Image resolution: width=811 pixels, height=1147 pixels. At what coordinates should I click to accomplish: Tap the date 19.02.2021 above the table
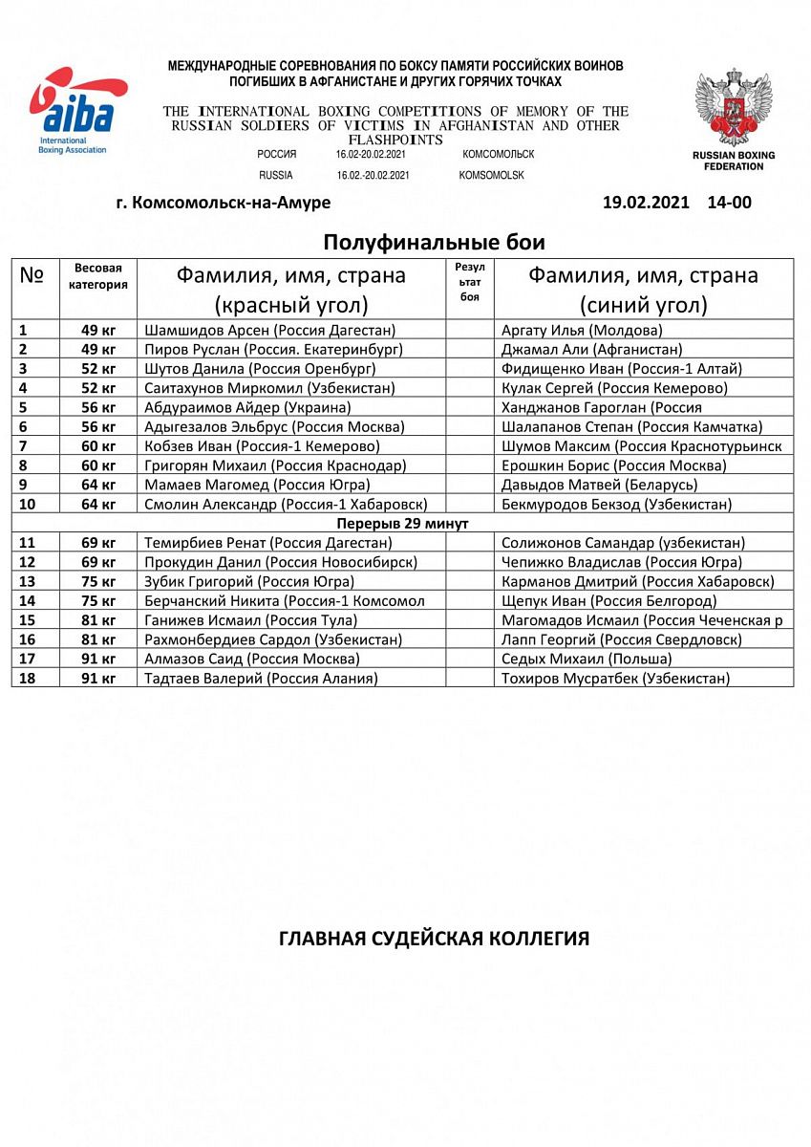coord(648,203)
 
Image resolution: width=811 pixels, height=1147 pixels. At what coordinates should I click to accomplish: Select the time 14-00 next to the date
coord(729,203)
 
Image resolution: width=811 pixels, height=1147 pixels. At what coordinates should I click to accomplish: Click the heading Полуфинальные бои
coord(434,242)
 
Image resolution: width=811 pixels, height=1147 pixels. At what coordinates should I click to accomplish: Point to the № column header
coord(32,275)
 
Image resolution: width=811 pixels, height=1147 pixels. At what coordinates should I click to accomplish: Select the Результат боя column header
coord(469,282)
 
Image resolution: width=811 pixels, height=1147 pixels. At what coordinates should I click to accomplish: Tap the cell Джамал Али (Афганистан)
coord(591,349)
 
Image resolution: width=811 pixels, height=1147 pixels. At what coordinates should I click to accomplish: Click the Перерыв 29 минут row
coord(402,523)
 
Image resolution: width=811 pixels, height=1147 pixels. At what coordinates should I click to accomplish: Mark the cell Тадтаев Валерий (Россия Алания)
coord(261,678)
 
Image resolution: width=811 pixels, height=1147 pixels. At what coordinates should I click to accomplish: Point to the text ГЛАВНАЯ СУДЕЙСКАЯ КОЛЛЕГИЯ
coord(434,938)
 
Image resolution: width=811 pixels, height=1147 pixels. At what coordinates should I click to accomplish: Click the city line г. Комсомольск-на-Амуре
coord(223,203)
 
